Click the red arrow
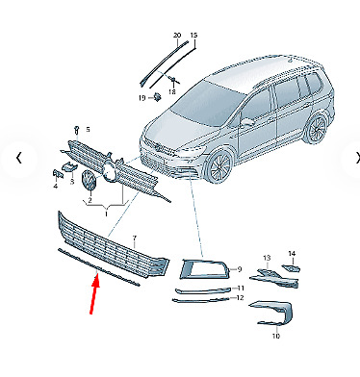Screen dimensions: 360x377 pyautogui.click(x=94, y=294)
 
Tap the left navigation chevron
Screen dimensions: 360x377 pyautogui.click(x=19, y=158)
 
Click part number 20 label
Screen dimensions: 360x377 pyautogui.click(x=177, y=36)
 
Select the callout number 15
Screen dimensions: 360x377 pyautogui.click(x=193, y=36)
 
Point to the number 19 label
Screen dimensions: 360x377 pyautogui.click(x=142, y=98)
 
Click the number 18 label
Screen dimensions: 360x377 pyautogui.click(x=172, y=92)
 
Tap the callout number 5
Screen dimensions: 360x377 pyautogui.click(x=88, y=130)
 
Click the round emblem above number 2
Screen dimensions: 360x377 pyautogui.click(x=89, y=181)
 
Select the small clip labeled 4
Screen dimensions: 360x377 pyautogui.click(x=56, y=175)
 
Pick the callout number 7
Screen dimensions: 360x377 pyautogui.click(x=135, y=239)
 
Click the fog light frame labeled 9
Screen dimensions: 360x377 pyautogui.click(x=204, y=268)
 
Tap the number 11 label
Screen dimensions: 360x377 pyautogui.click(x=241, y=289)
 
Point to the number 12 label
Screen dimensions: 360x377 pyautogui.click(x=240, y=298)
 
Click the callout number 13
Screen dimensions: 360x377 pyautogui.click(x=267, y=258)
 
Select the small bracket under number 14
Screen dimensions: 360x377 pyautogui.click(x=292, y=267)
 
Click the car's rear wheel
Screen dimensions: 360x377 pyautogui.click(x=315, y=130)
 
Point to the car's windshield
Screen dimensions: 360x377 pyautogui.click(x=205, y=104)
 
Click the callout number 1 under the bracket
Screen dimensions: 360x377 pyautogui.click(x=106, y=214)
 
